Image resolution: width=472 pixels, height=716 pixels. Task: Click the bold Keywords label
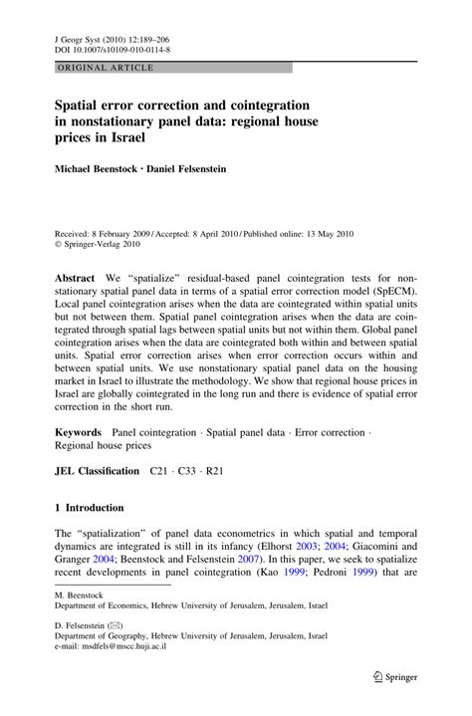point(79,433)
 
